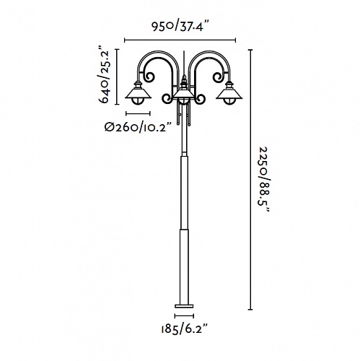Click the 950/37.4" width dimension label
coord(180,26)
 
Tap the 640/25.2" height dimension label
coord(105,77)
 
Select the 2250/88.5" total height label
coord(265,180)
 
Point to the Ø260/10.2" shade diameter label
coord(139,127)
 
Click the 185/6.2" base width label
coord(184,329)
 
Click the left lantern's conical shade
coord(138,93)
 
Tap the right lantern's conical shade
coord(229,93)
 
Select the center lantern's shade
coord(184,93)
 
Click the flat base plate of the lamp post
coord(184,306)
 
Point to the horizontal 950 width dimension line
coord(180,40)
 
